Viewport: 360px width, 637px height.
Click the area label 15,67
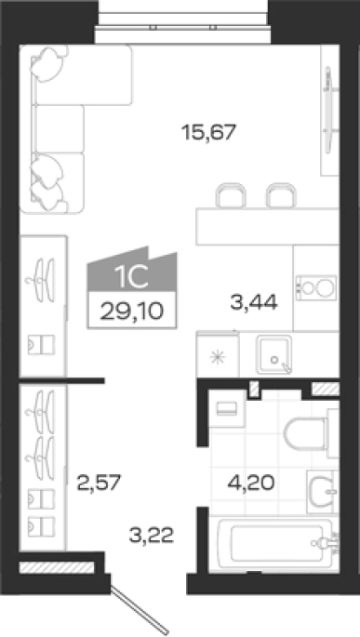209,132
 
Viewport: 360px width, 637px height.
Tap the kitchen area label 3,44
254,302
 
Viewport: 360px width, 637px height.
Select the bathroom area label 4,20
251,483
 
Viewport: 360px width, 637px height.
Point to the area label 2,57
100,483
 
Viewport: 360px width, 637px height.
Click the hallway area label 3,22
152,535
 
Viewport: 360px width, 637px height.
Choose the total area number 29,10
132,312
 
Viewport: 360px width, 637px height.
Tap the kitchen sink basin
273,354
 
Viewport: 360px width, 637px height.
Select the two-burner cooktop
316,288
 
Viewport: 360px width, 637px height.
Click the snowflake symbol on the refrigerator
218,357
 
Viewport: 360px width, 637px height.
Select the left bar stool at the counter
231,195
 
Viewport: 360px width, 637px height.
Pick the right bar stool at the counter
281,195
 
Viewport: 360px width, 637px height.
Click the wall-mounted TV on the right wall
329,110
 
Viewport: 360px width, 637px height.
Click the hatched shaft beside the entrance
57,567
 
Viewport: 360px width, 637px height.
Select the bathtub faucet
325,543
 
